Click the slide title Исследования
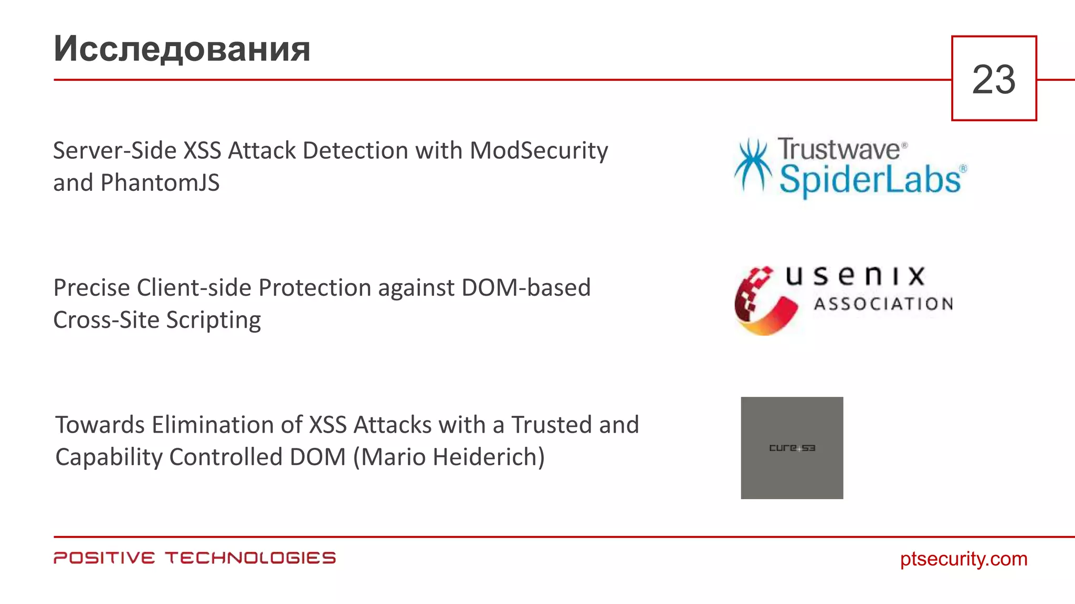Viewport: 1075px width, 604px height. coord(182,49)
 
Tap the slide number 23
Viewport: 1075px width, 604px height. coord(994,80)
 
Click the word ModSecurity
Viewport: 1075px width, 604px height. coord(539,151)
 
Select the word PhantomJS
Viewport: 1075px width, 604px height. coord(160,183)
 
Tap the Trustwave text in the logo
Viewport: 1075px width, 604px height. coord(839,149)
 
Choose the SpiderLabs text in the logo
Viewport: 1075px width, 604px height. coord(870,180)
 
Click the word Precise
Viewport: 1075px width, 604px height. coord(91,288)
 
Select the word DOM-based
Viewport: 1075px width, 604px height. coord(526,288)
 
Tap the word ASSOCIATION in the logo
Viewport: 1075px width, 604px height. coord(883,304)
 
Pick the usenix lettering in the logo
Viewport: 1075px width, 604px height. coord(855,276)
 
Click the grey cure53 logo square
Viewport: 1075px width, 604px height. coord(792,448)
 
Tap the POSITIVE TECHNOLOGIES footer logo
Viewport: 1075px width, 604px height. coord(194,558)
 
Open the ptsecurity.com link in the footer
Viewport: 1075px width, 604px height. coord(963,559)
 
